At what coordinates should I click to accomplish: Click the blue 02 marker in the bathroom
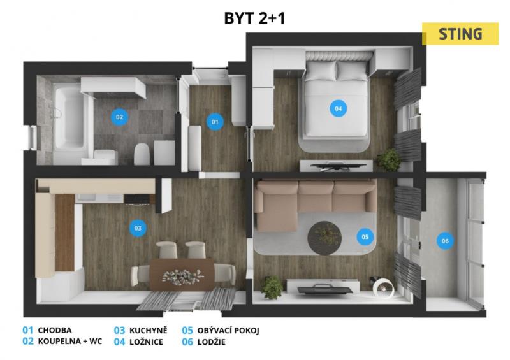pos(119,117)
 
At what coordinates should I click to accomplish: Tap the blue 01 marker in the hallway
pos(215,122)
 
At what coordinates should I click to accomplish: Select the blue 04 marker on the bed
pos(339,108)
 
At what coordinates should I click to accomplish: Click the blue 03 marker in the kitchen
pos(138,228)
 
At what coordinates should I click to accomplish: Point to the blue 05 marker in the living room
pos(365,237)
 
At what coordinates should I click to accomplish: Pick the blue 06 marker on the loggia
pos(445,241)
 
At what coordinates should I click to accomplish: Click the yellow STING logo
pos(460,34)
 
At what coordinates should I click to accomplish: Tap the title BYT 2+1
pos(254,18)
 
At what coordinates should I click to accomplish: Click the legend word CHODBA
pos(55,331)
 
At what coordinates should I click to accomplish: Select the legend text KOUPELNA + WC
pos(70,342)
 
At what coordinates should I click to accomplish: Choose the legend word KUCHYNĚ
pos(149,331)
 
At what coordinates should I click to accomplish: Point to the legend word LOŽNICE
pos(146,342)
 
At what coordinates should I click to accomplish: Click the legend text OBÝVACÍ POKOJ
pos(228,331)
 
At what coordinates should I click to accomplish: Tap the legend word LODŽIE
pos(212,342)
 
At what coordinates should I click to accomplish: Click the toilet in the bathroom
pos(142,154)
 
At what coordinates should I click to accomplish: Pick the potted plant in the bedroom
pos(389,159)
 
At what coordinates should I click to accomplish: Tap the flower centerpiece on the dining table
pos(183,277)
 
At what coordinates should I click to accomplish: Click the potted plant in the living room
pos(272,287)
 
